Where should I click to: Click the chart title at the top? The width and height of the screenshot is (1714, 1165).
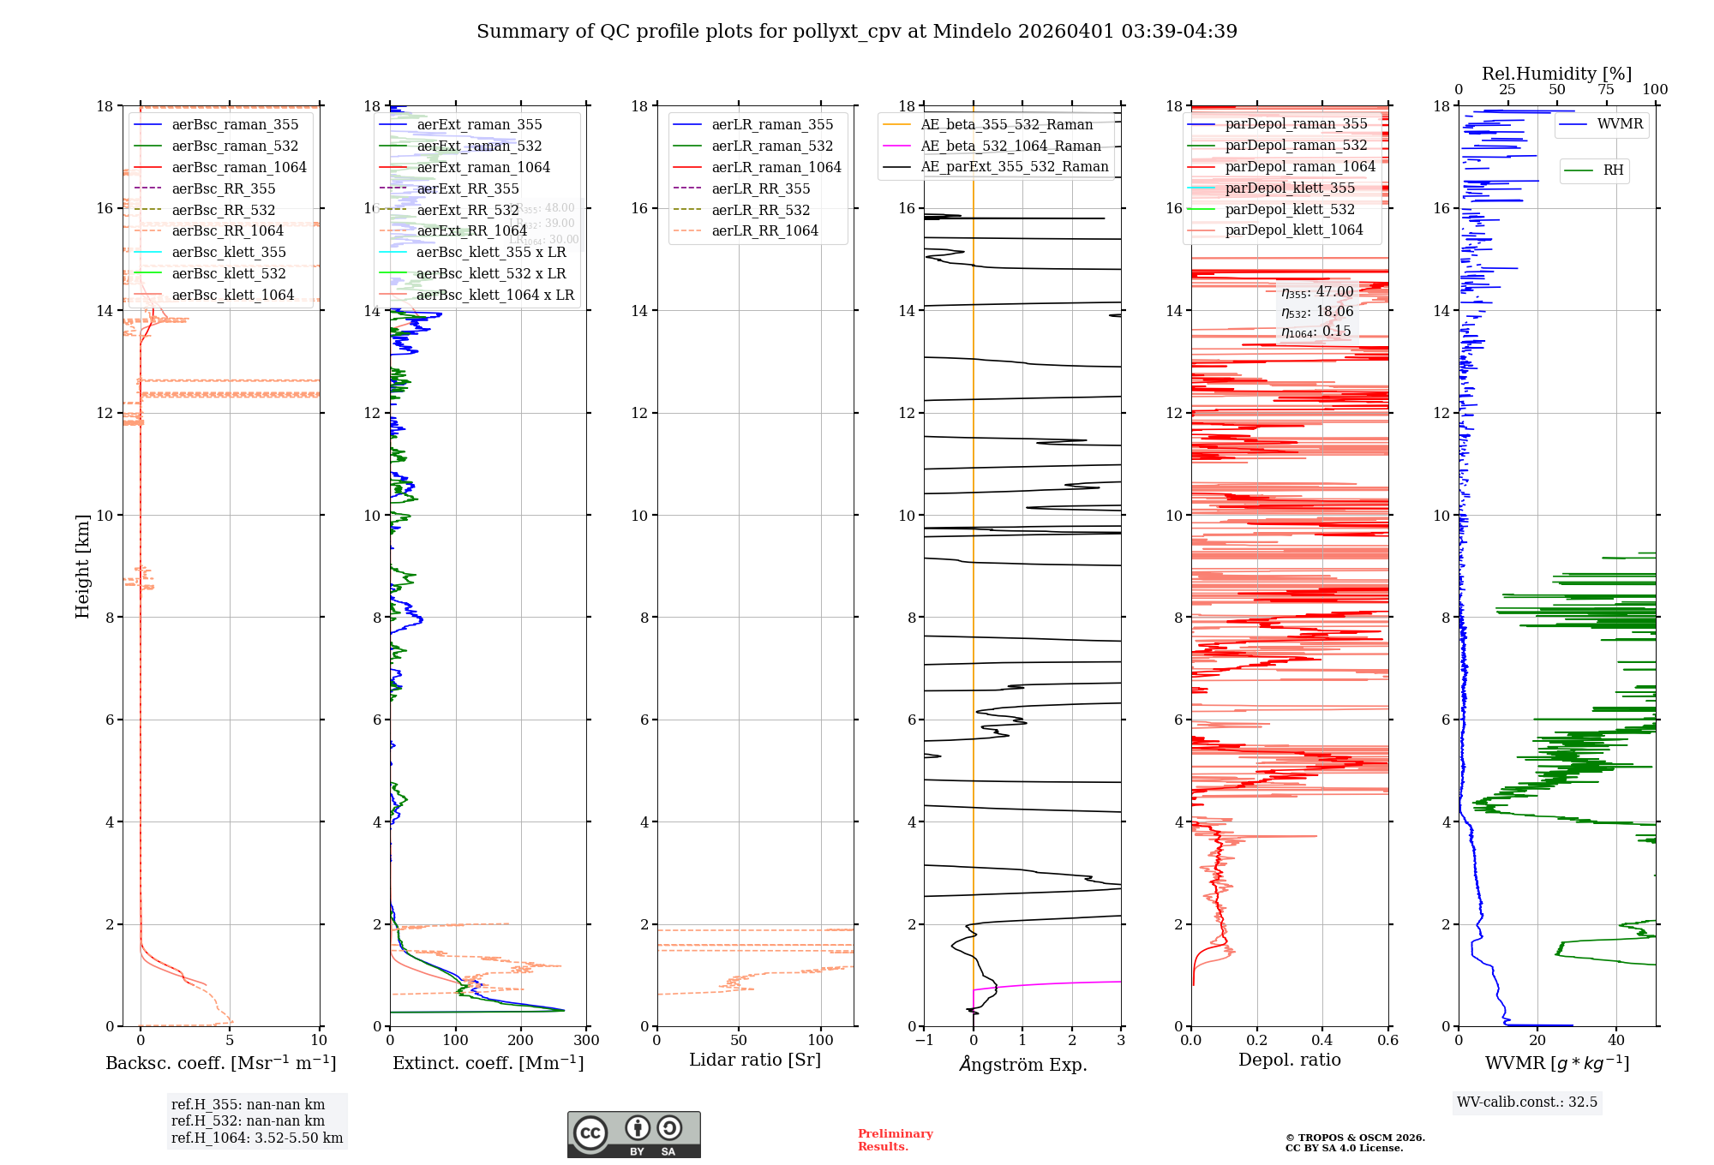tap(857, 32)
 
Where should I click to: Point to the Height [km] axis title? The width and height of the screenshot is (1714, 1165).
tap(82, 566)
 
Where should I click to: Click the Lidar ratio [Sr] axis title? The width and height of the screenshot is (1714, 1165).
tap(755, 1060)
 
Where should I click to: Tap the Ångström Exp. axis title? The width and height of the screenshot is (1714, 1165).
tap(1022, 1065)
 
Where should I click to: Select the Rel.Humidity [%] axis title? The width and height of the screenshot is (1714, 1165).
tap(1556, 74)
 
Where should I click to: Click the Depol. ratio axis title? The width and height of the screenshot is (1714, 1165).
tap(1289, 1060)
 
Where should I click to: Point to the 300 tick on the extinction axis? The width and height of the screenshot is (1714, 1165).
tap(587, 1041)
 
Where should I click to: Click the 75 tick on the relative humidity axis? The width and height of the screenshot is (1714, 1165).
tap(1606, 90)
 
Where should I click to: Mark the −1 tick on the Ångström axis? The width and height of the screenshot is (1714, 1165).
tap(924, 1041)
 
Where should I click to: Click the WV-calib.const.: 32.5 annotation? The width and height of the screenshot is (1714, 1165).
tap(1527, 1102)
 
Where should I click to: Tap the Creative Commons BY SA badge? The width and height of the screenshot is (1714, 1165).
tap(633, 1135)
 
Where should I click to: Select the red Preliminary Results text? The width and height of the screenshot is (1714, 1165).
tap(895, 1140)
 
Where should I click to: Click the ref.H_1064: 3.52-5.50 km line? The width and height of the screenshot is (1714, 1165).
tap(257, 1138)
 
